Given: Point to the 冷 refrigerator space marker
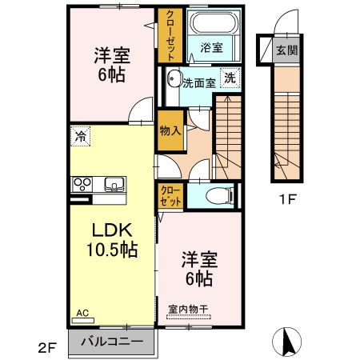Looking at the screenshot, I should (80, 137).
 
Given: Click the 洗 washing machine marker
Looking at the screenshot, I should (229, 78).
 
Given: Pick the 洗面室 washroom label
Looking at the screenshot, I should (198, 82).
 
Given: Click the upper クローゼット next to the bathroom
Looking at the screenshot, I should (170, 35).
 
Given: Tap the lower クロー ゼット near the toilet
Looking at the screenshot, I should (170, 194).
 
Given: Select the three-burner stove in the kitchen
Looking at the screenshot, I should (82, 185).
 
